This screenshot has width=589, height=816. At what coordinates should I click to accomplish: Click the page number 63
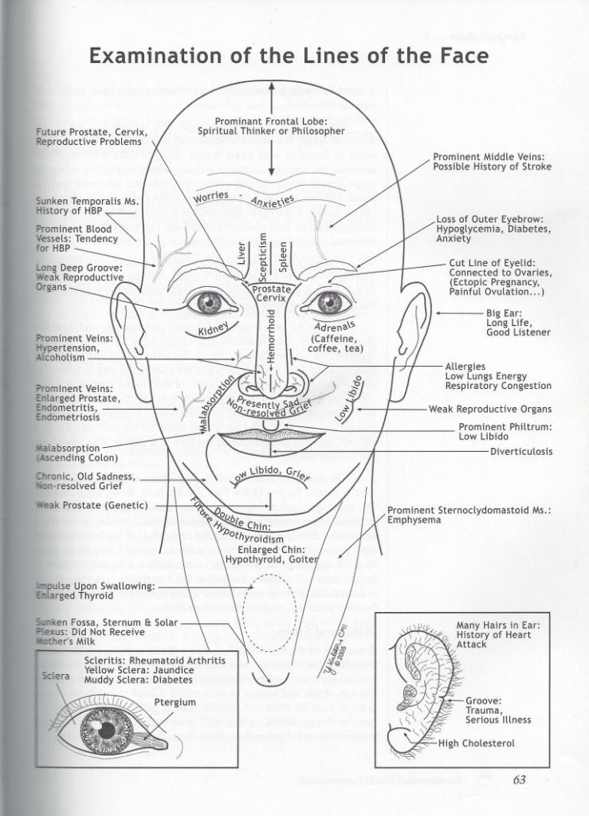tap(522, 779)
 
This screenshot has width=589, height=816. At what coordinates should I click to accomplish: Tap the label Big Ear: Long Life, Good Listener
tap(518, 322)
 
